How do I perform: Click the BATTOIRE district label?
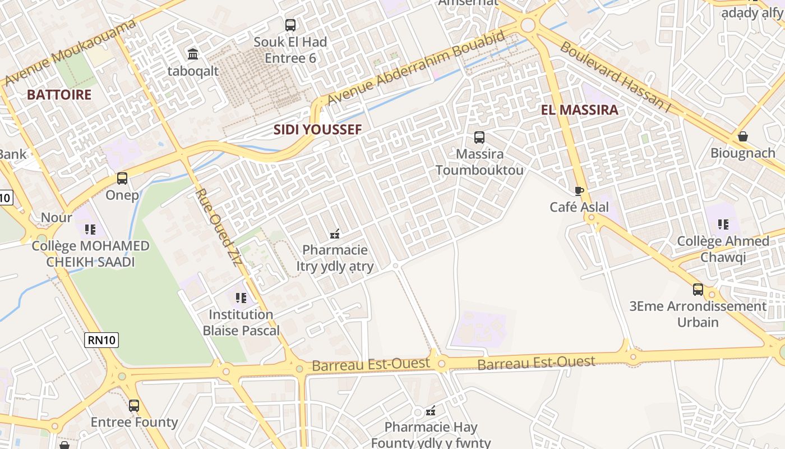pos(59,94)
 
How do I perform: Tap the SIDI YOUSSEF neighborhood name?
pos(317,130)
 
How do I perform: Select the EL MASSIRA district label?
pos(580,110)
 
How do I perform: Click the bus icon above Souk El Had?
pos(290,25)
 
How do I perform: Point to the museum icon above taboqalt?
pos(193,54)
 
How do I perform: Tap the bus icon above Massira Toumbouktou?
pos(479,138)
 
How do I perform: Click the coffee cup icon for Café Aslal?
pos(579,191)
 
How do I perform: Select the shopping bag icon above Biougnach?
pos(743,136)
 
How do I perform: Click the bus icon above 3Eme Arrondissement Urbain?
pos(698,290)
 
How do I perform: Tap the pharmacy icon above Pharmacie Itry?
pos(335,233)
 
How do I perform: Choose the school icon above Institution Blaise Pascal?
pos(241,298)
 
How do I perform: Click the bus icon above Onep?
pos(122,178)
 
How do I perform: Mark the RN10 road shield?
pos(102,340)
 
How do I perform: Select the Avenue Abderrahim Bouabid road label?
pos(416,68)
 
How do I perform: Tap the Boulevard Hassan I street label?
pos(615,77)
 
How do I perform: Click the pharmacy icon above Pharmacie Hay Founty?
pos(431,411)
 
